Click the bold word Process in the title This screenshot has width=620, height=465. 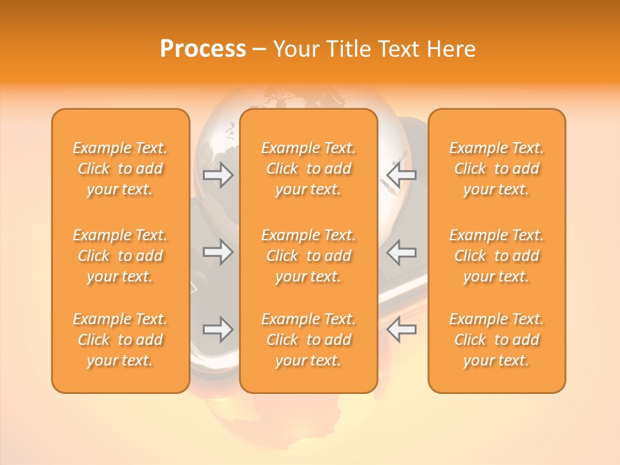coord(203,49)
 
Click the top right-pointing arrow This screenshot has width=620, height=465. coord(218,175)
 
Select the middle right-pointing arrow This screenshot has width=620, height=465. coord(218,252)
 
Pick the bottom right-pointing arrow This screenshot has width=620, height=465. coord(218,329)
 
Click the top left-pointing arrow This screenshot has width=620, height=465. coord(401,175)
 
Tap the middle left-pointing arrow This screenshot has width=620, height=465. coord(401,252)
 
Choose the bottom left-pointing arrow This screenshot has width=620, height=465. coord(401,329)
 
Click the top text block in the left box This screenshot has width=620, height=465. coord(120,169)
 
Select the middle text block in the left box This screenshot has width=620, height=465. coord(120,256)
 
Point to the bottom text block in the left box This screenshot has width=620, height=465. coord(120,340)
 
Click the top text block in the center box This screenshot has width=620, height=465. coord(308,169)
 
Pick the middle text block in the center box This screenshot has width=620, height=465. coord(308,256)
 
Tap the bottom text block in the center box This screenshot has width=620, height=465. coord(308,340)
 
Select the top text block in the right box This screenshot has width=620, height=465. coord(497,169)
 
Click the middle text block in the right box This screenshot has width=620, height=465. coord(497,256)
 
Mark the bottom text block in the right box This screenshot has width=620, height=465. coord(497,340)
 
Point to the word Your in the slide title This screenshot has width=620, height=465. coord(295,49)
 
